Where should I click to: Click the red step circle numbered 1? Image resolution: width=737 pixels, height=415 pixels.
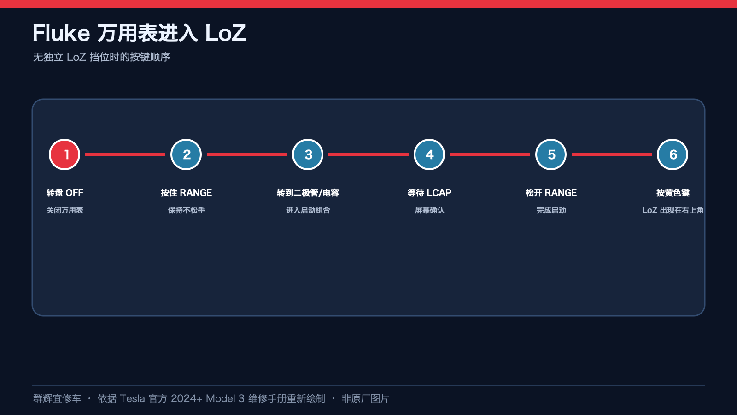tap(64, 154)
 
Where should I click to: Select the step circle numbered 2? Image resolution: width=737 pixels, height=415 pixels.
tap(186, 154)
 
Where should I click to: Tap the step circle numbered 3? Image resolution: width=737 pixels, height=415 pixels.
tap(308, 154)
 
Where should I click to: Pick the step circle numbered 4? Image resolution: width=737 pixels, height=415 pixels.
tap(429, 154)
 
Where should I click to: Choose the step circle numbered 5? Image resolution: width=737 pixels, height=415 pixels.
tap(551, 154)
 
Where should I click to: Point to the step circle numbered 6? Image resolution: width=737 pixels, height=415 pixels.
tap(672, 154)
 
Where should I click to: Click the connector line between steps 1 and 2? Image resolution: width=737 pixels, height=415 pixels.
tap(125, 154)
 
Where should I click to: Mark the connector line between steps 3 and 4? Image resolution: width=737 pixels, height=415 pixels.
tap(368, 154)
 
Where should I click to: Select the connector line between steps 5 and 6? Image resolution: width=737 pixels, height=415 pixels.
tap(611, 154)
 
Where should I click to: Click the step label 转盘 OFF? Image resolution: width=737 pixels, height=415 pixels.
tap(65, 193)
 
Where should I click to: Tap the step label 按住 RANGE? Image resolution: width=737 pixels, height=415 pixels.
tap(186, 193)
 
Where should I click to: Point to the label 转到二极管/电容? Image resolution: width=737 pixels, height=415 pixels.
tap(308, 193)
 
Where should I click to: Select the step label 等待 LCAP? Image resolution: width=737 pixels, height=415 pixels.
tap(429, 193)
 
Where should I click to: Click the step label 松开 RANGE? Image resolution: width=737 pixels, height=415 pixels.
tap(551, 193)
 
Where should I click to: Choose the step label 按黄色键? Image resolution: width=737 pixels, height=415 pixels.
tap(673, 193)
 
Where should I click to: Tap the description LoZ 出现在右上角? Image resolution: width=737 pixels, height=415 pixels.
tap(673, 210)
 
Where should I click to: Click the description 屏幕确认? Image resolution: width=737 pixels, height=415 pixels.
tap(429, 210)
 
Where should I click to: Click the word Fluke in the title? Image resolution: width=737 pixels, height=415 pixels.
tap(61, 33)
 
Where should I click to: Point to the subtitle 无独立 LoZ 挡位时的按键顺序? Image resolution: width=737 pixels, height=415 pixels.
tap(102, 57)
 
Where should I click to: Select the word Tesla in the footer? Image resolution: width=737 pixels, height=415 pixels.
tap(132, 398)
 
